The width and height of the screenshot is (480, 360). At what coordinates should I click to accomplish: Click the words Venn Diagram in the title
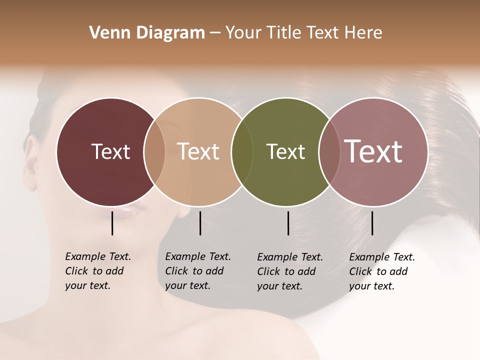[x=147, y=33]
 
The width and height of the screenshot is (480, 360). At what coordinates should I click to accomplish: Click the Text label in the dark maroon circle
[x=110, y=151]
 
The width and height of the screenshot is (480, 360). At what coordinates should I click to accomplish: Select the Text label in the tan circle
[x=198, y=151]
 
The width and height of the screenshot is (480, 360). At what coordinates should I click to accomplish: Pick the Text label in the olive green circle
[x=285, y=151]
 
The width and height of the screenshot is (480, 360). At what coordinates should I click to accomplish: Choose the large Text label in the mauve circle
[x=373, y=151]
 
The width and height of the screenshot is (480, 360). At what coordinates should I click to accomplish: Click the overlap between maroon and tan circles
[x=154, y=151]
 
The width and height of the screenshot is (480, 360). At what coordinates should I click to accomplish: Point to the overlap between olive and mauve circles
[x=329, y=151]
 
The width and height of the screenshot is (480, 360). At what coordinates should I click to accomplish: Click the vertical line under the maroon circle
[x=112, y=223]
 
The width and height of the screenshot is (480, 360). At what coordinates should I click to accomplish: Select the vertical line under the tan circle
[x=200, y=223]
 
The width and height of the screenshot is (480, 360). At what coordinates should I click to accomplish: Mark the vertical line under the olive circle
[x=288, y=223]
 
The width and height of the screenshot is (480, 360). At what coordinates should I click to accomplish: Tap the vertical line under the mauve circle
[x=372, y=223]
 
